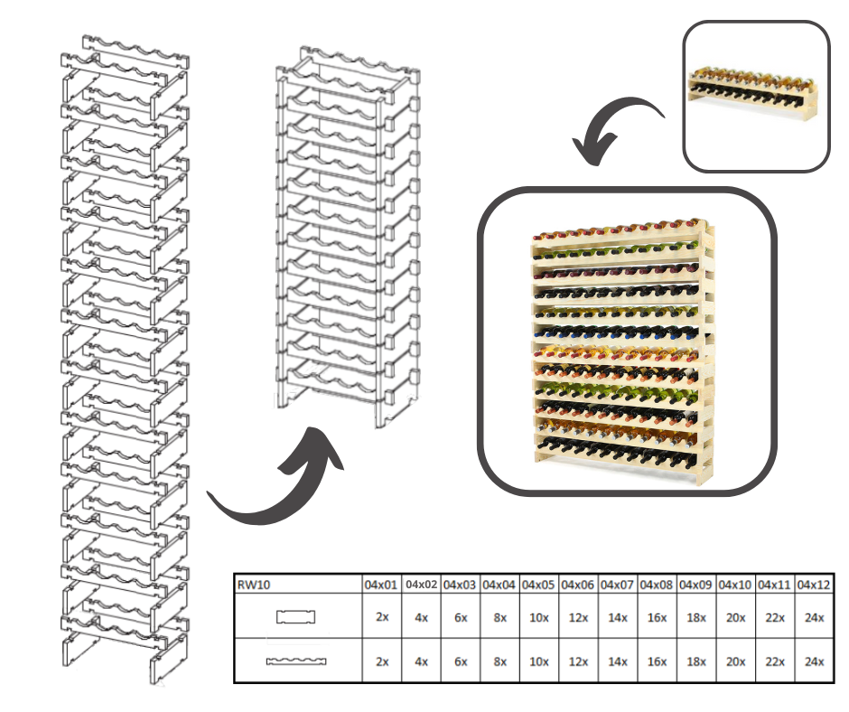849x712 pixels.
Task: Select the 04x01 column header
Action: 382,585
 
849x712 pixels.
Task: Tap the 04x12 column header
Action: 815,585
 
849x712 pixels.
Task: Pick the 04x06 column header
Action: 579,585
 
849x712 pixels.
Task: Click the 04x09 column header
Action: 696,585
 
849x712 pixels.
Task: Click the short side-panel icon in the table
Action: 297,617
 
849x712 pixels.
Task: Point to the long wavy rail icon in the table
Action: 296,661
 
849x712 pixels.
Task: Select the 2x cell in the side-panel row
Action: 382,617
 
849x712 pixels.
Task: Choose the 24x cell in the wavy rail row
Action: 815,661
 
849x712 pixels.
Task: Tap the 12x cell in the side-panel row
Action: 579,617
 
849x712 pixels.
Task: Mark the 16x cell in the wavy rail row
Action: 658,661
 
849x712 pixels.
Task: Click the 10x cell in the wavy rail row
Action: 539,661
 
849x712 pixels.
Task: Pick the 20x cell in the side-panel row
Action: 736,617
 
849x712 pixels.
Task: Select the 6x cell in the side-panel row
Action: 461,617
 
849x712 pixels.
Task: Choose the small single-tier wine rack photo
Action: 755,95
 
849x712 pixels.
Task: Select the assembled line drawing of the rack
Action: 348,235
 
